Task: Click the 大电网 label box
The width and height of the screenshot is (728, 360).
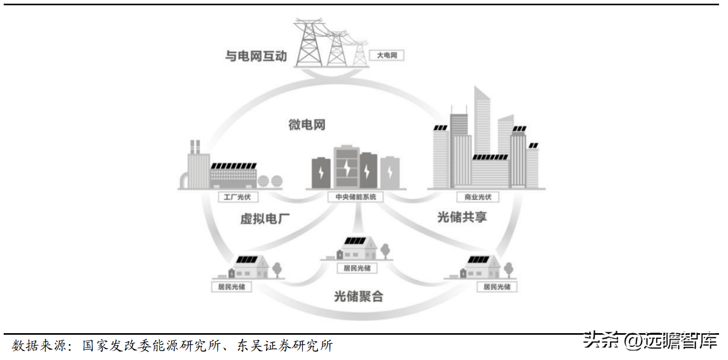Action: (x=387, y=55)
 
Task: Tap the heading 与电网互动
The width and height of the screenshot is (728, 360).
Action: (x=256, y=55)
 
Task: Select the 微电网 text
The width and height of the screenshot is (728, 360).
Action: (x=307, y=125)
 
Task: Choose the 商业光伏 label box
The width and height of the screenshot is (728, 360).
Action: (x=478, y=197)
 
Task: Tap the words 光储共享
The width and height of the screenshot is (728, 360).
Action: (x=462, y=216)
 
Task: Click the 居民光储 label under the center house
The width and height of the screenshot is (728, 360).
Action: (x=357, y=268)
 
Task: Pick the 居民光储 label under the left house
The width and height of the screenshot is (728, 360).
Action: (x=231, y=287)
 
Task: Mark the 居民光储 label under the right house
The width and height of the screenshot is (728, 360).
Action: (x=497, y=287)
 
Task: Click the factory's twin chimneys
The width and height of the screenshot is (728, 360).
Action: (x=195, y=147)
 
